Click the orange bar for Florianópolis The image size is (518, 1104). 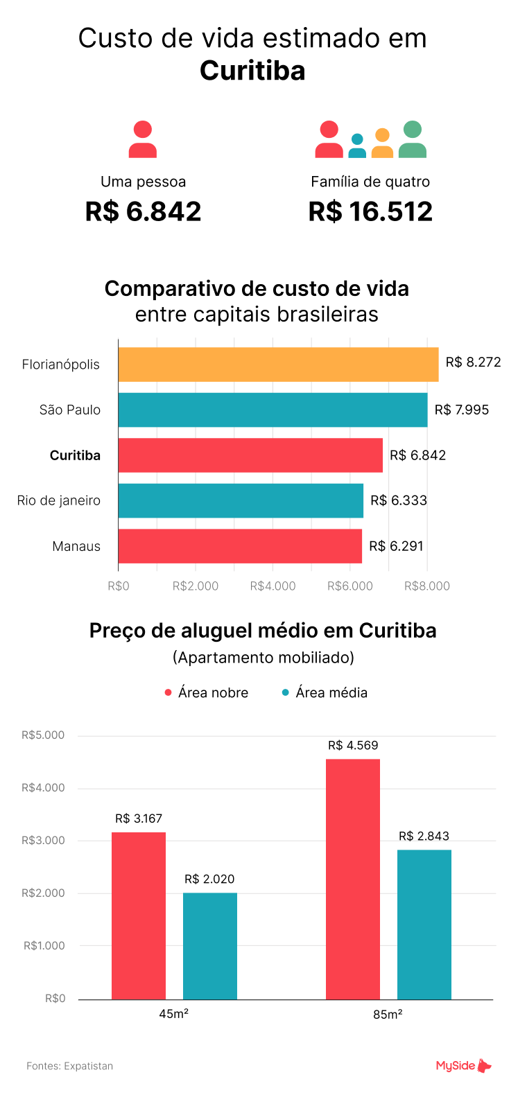click(x=278, y=365)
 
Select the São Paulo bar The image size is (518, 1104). click(x=273, y=410)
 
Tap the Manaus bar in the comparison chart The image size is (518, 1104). click(x=240, y=546)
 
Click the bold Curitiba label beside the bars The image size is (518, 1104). click(x=75, y=455)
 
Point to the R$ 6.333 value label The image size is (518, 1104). click(x=399, y=500)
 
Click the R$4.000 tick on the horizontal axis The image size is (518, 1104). click(x=273, y=586)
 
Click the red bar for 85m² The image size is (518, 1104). click(x=352, y=879)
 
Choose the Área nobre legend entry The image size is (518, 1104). click(x=207, y=692)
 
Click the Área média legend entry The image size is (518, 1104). click(x=325, y=692)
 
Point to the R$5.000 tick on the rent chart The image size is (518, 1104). click(x=43, y=735)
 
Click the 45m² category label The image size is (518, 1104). click(x=174, y=1014)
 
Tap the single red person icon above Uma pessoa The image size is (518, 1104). click(x=143, y=139)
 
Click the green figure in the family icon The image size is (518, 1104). click(x=413, y=139)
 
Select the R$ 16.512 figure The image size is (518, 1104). click(x=370, y=211)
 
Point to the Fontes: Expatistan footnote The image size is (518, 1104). click(x=69, y=1066)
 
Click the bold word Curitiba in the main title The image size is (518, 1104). click(x=252, y=71)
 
